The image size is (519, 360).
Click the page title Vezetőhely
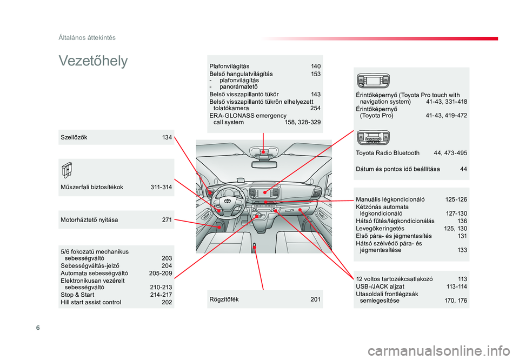pos(93,61)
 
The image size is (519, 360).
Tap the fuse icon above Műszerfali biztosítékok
pos(67,170)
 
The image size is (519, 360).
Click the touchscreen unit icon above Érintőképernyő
pos(373,81)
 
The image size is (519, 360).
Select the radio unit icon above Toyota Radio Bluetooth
pos(373,138)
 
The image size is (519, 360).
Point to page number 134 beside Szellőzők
pos(167,137)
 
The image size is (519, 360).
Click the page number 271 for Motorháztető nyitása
pos(167,219)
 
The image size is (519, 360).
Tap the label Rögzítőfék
pos(224,299)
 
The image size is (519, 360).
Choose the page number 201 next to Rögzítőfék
pos(315,299)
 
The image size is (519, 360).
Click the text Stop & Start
pos(77,295)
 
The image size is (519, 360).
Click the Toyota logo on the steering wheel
pos(228,201)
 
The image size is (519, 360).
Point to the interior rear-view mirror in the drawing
pos(264,164)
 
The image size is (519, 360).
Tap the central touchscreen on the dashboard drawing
pos(264,192)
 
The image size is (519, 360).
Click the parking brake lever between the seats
pos(255,248)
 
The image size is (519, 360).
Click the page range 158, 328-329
pos(303,122)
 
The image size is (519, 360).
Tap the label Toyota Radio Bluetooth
pos(388,153)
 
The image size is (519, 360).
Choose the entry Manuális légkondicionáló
pos(390,199)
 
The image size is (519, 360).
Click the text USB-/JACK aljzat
pos(380,286)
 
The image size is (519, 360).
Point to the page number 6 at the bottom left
pos(38,328)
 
